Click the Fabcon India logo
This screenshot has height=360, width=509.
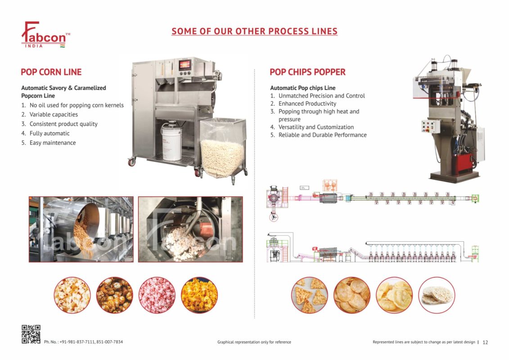[x=45, y=35]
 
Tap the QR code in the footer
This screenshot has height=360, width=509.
[x=31, y=334]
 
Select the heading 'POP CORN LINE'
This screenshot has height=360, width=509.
[x=51, y=72]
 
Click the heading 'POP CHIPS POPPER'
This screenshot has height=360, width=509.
[x=307, y=72]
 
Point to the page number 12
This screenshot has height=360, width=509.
[x=485, y=342]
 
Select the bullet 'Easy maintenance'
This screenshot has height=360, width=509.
[x=52, y=143]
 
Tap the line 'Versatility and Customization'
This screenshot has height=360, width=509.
[x=315, y=127]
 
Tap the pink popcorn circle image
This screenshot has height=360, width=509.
[x=157, y=295]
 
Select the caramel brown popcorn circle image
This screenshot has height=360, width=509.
[x=114, y=295]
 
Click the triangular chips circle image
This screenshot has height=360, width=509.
[x=309, y=295]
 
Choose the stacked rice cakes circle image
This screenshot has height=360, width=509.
[x=436, y=295]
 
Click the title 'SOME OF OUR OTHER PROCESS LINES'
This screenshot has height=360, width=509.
[x=254, y=31]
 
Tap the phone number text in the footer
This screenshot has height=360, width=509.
[x=83, y=342]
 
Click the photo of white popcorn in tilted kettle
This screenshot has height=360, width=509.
[x=190, y=229]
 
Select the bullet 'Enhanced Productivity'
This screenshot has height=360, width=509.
[x=307, y=103]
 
